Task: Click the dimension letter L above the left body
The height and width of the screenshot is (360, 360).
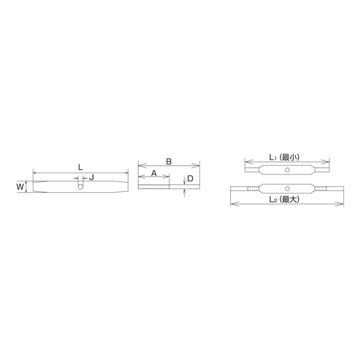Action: click(x=80, y=167)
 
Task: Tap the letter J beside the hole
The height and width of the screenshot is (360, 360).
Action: click(x=92, y=177)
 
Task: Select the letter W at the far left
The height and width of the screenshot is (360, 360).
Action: click(x=20, y=187)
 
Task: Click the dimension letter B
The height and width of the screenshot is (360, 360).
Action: click(x=169, y=161)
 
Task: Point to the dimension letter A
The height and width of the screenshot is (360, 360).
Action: click(x=154, y=173)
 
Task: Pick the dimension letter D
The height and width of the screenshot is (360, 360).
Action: click(x=190, y=178)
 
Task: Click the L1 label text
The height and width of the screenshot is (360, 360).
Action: click(x=272, y=158)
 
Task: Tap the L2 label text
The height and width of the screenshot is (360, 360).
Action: click(x=272, y=200)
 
